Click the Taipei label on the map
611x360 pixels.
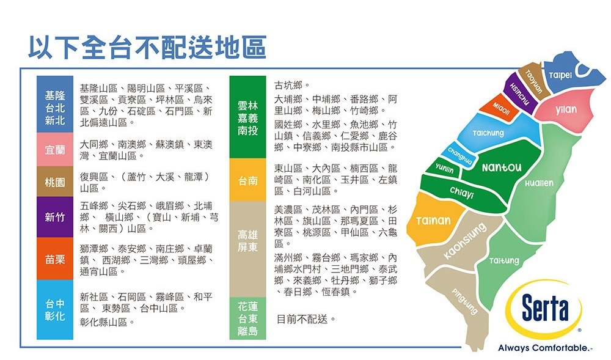point(560,75)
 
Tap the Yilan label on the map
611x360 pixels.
point(566,109)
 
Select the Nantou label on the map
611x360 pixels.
point(502,167)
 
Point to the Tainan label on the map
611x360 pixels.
point(433,221)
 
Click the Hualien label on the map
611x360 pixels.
point(539,183)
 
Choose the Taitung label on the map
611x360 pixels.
point(504,260)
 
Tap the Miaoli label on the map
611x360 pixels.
point(501,109)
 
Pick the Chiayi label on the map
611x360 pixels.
point(462,192)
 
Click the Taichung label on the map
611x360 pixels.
point(488,133)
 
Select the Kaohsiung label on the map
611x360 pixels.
point(465,241)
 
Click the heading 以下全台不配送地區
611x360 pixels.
point(147,48)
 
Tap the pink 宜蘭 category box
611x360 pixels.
point(55,150)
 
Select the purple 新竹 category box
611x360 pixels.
point(55,217)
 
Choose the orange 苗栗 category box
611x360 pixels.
point(55,259)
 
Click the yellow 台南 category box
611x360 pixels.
point(248,180)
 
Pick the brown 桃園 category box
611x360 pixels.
point(55,182)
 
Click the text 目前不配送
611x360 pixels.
point(302,320)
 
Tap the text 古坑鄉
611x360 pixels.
point(288,85)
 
